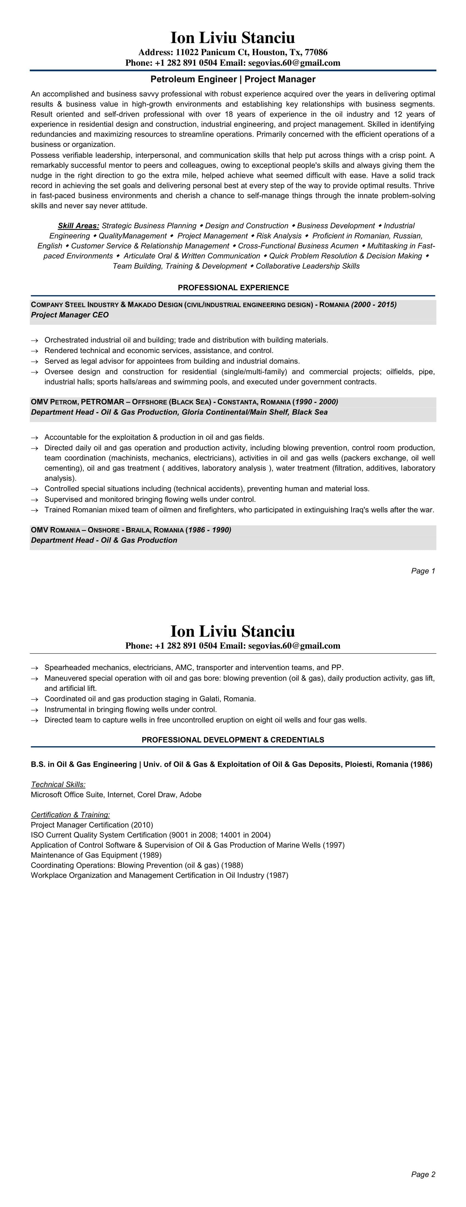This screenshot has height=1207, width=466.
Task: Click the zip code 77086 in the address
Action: pyautogui.click(x=316, y=52)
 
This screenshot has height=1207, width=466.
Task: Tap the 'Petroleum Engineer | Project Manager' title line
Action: pyautogui.click(x=233, y=79)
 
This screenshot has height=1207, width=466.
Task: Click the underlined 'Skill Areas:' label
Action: pyautogui.click(x=78, y=226)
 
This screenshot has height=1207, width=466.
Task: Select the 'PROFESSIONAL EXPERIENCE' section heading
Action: pyautogui.click(x=233, y=288)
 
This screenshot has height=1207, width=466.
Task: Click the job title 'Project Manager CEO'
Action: pyautogui.click(x=70, y=315)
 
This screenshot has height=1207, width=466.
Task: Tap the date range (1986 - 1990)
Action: pyautogui.click(x=208, y=530)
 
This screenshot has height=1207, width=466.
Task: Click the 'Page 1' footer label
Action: pyautogui.click(x=423, y=571)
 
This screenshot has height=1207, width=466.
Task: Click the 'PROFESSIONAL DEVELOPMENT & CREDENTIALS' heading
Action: pyautogui.click(x=233, y=740)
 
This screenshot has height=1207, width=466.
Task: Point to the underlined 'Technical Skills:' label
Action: pyautogui.click(x=58, y=784)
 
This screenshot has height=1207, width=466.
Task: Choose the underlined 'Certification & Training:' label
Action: pyautogui.click(x=70, y=815)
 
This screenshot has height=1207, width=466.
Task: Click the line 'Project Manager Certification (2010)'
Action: pyautogui.click(x=92, y=825)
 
